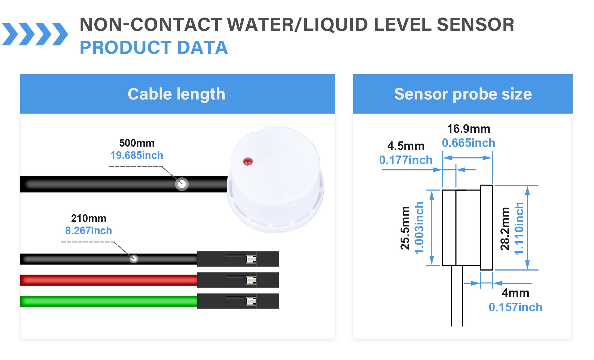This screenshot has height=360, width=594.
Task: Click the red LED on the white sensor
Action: (x=248, y=161)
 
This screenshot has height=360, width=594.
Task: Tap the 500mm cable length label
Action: (x=137, y=143)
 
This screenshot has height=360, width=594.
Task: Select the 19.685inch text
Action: (x=137, y=156)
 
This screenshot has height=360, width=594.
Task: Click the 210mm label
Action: (x=88, y=218)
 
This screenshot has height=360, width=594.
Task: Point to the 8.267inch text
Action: (x=88, y=231)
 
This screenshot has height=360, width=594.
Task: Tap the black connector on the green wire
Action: (x=238, y=301)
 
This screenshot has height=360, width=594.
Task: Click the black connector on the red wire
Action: (x=238, y=280)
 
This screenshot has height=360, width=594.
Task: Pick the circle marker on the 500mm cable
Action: (x=182, y=184)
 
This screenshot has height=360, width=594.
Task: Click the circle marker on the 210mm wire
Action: (x=133, y=259)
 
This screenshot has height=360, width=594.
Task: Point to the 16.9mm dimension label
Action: (x=468, y=129)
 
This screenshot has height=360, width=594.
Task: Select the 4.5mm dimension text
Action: (x=406, y=146)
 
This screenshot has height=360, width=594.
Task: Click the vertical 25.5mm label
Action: (x=405, y=228)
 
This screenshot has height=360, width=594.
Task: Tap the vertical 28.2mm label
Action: (x=505, y=229)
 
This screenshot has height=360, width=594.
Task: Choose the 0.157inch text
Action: (x=515, y=307)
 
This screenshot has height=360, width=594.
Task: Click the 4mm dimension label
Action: (x=515, y=293)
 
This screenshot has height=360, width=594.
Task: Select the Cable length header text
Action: (x=176, y=94)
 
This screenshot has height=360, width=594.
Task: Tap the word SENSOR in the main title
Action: (x=476, y=25)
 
